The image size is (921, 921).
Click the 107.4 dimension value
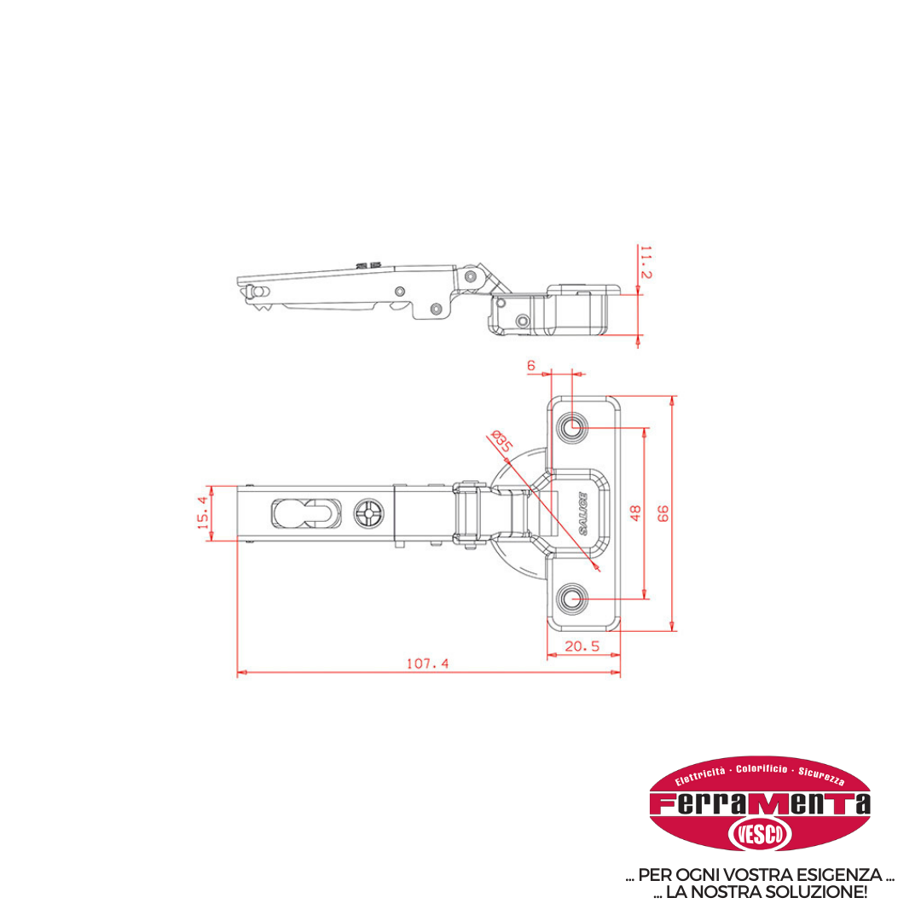pos(427,663)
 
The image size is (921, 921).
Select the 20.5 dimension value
pos(582,646)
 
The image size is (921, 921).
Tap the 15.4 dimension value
pos(202,513)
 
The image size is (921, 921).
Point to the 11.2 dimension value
pos(646,263)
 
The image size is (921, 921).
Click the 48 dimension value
pos(635,513)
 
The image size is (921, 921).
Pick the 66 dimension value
pos(663,513)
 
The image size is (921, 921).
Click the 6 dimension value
pos(531,366)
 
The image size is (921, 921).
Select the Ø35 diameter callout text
pos(501,441)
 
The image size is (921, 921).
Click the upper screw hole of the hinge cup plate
pos(572,427)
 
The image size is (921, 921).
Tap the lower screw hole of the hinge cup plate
pos(572,600)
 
